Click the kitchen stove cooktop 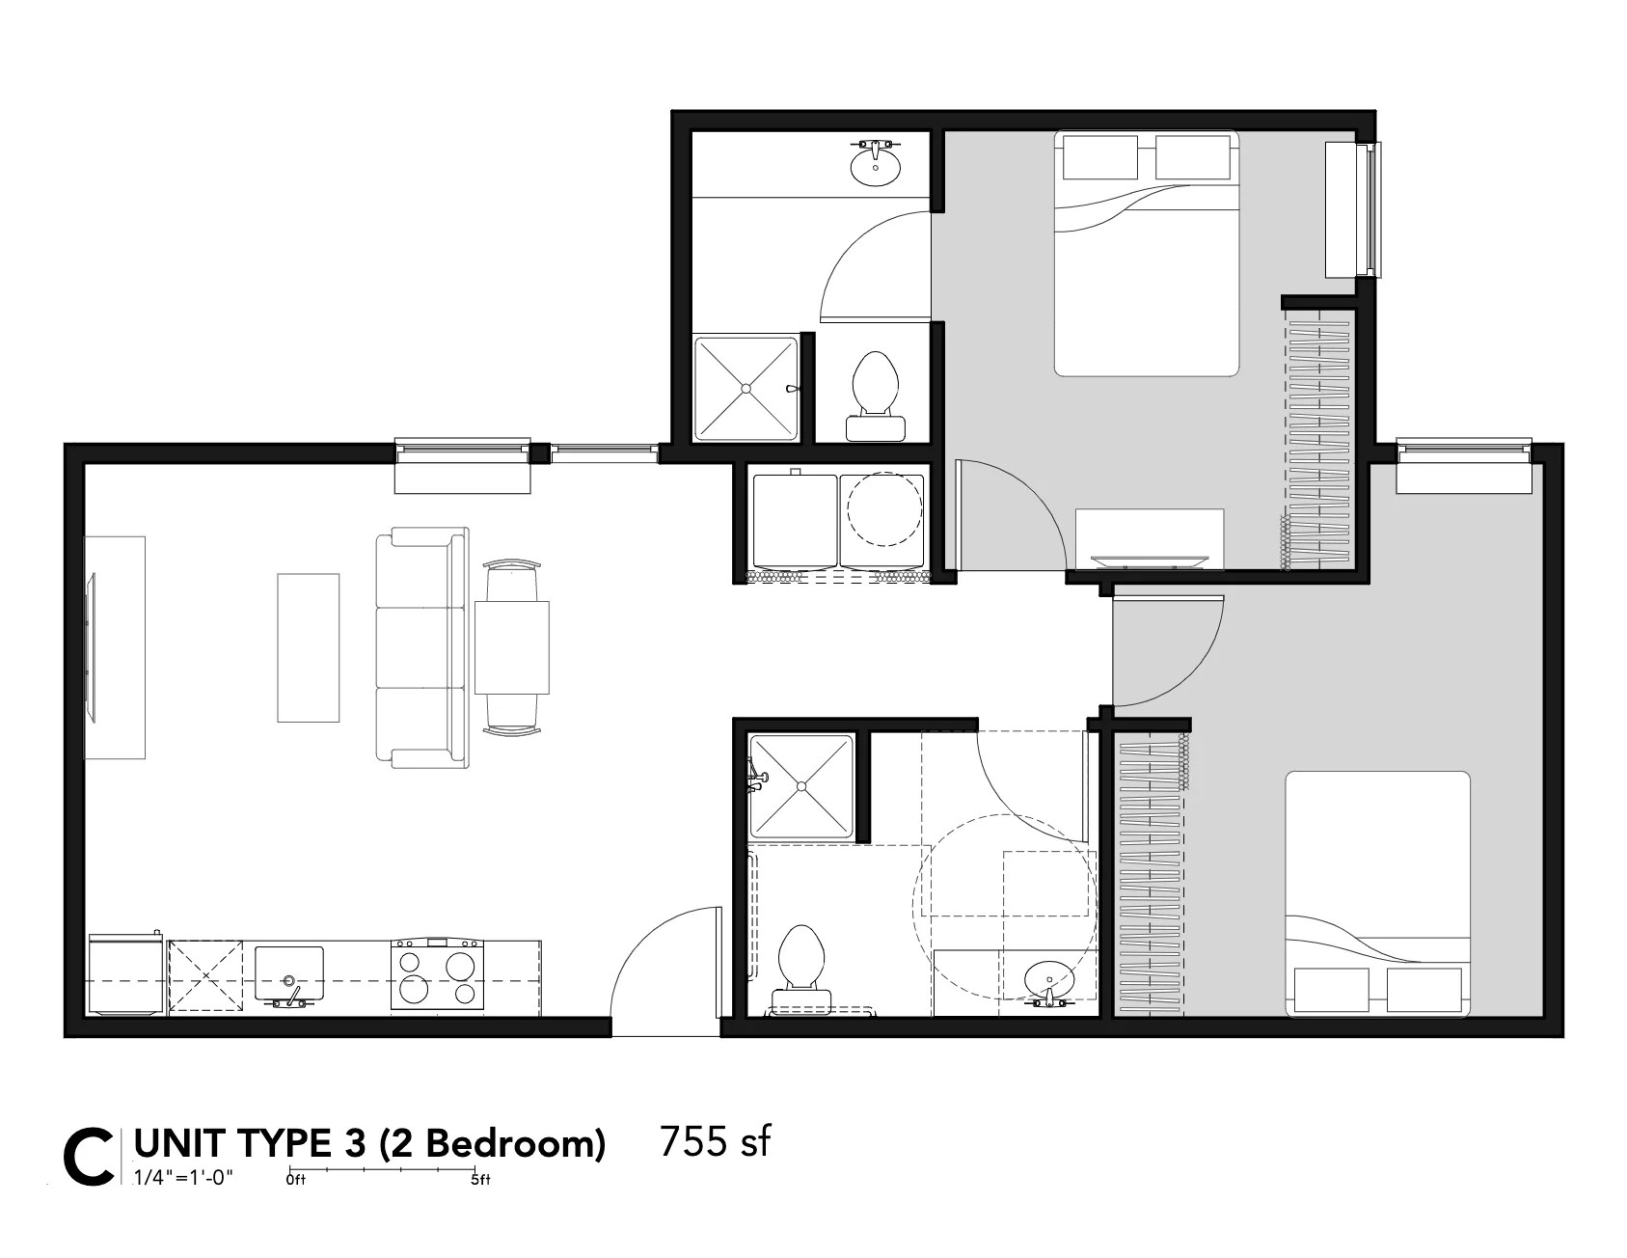coord(437,975)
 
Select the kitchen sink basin coord(289,972)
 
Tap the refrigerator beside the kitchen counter coord(125,974)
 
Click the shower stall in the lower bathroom coord(801,786)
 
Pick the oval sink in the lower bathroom coord(1047,980)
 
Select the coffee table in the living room coord(309,647)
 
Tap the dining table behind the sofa coord(511,646)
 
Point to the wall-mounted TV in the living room coord(93,646)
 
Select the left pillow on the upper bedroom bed coord(1100,157)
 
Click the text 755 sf coord(716,1141)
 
